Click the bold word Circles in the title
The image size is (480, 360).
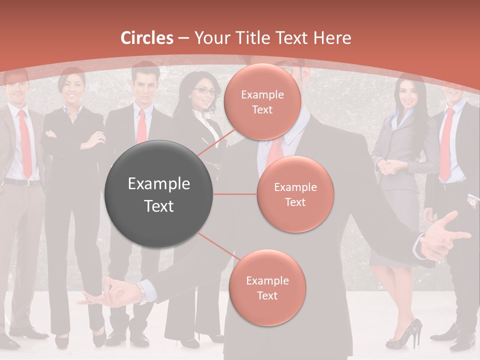pyautogui.click(x=147, y=38)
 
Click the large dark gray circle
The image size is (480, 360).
pyautogui.click(x=159, y=194)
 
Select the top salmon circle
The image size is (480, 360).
pyautogui.click(x=262, y=102)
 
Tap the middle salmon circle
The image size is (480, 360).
pyautogui.click(x=295, y=194)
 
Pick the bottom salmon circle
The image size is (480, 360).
pyautogui.click(x=267, y=288)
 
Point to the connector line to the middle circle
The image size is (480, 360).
pyautogui.click(x=235, y=194)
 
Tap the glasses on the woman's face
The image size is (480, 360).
pyautogui.click(x=205, y=91)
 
